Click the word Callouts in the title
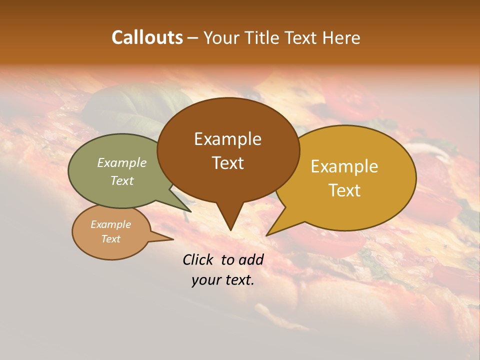[x=147, y=37]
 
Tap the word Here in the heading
[x=340, y=37]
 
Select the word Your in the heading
[x=221, y=37]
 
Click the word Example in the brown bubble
[x=227, y=139]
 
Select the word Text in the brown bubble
[x=228, y=163]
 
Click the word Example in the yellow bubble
[x=344, y=166]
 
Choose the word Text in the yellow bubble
[x=345, y=190]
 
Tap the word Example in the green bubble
[x=122, y=162]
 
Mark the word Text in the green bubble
[x=122, y=180]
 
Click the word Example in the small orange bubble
[x=110, y=224]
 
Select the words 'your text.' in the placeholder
[x=223, y=280]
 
